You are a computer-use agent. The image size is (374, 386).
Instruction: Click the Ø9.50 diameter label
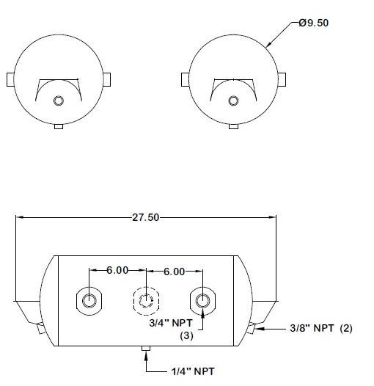pyautogui.click(x=314, y=23)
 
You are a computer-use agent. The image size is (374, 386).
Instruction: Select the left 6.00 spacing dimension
pyautogui.click(x=118, y=271)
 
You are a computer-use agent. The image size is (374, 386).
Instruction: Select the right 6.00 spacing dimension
pyautogui.click(x=174, y=271)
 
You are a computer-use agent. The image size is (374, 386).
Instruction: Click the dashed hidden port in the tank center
pyautogui.click(x=146, y=299)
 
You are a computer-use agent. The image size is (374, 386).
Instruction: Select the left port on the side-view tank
pyautogui.click(x=89, y=299)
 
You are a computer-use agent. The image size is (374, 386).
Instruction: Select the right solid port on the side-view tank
pyautogui.click(x=202, y=299)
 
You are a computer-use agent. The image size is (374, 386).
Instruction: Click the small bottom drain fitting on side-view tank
pyautogui.click(x=145, y=349)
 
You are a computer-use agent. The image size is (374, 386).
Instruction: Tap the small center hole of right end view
pyautogui.click(x=233, y=101)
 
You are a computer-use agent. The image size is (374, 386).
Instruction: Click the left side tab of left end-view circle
pyautogui.click(x=10, y=79)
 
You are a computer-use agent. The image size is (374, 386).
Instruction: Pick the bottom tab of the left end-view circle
pyautogui.click(x=59, y=126)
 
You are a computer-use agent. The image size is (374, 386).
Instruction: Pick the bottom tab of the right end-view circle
pyautogui.click(x=233, y=126)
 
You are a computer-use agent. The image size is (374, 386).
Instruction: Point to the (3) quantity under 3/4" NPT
pyautogui.click(x=187, y=335)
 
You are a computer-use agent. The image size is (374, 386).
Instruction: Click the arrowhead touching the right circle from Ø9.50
pyautogui.click(x=271, y=45)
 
